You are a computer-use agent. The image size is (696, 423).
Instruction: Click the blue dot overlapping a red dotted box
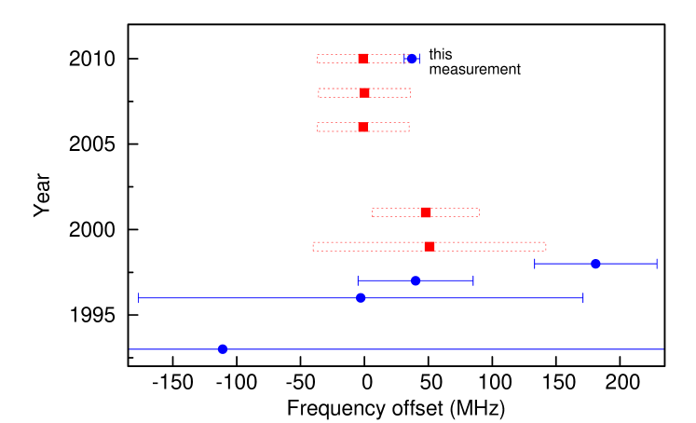tap(412, 59)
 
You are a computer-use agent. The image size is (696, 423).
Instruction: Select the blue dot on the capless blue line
tap(223, 349)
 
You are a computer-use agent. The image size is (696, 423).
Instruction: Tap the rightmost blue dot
tap(595, 264)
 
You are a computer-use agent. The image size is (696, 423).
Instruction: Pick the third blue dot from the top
tap(416, 280)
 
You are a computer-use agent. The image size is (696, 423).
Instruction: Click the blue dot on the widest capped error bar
tap(361, 298)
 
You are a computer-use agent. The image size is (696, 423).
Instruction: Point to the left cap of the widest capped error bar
tap(139, 298)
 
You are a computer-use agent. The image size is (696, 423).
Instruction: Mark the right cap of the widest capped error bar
tap(583, 298)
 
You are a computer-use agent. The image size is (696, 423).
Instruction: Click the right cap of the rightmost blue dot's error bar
tap(656, 264)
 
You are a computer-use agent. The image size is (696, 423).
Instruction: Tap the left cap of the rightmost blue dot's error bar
tap(535, 264)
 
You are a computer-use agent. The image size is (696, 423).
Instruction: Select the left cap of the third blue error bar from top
tap(358, 280)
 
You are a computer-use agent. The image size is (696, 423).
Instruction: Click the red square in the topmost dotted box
tap(362, 59)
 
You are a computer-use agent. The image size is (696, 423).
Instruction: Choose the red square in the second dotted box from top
tap(364, 93)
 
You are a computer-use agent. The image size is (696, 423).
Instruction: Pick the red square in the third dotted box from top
tap(362, 127)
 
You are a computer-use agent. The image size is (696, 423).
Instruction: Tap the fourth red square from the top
tap(426, 212)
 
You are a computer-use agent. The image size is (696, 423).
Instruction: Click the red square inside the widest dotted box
tap(430, 247)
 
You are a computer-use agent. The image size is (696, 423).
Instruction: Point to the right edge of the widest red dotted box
tap(546, 247)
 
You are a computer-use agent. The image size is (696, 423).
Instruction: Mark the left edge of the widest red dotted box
tap(313, 247)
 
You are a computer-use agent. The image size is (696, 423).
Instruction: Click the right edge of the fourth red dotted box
tap(479, 212)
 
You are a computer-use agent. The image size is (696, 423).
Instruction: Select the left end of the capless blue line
tap(130, 349)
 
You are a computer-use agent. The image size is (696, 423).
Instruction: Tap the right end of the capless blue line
tap(662, 349)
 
